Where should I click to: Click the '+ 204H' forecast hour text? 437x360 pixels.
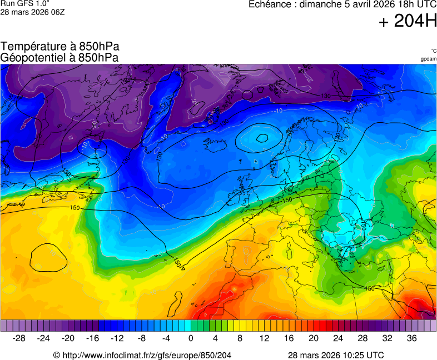click(x=408, y=22)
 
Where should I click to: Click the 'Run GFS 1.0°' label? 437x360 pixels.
click(x=21, y=3)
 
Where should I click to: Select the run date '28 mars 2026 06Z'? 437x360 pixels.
click(x=32, y=12)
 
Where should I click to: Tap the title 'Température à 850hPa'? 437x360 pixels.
click(x=60, y=47)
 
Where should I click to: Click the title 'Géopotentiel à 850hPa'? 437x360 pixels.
click(x=59, y=57)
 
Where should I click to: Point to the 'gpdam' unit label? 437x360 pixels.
click(x=428, y=58)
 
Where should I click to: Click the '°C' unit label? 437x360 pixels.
click(x=433, y=51)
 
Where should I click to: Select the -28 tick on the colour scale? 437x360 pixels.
click(x=19, y=338)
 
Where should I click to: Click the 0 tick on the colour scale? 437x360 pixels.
click(x=191, y=338)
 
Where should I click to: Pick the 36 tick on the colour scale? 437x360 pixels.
click(x=411, y=338)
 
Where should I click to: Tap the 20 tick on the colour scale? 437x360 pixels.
click(x=314, y=338)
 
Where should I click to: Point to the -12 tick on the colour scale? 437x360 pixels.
click(x=117, y=338)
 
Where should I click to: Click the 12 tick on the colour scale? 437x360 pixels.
click(x=265, y=338)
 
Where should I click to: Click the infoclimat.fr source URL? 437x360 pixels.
click(x=142, y=355)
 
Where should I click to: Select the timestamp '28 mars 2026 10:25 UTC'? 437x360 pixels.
click(x=336, y=355)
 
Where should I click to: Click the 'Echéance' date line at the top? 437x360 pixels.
click(x=342, y=4)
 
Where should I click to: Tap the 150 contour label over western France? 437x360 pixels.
click(x=287, y=200)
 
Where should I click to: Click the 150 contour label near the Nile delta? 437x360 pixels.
click(x=369, y=288)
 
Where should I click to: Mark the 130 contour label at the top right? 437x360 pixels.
click(x=326, y=96)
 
